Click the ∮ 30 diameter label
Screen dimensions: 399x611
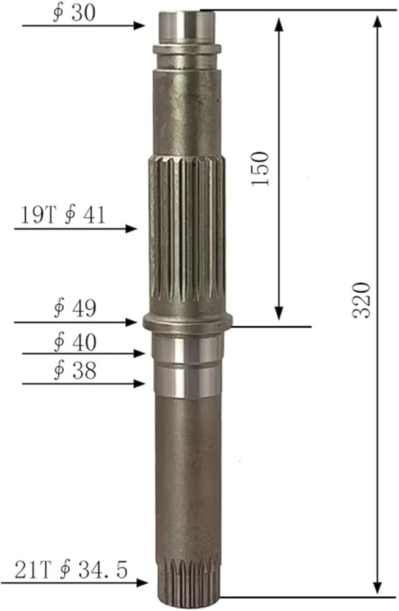tap(74, 13)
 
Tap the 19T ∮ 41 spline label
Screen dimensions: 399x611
tap(63, 214)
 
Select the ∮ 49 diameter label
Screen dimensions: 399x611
tap(75, 308)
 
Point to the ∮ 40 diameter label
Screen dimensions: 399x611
tap(75, 342)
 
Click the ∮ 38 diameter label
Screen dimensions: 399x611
tap(75, 371)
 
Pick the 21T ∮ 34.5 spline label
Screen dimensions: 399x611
tap(71, 569)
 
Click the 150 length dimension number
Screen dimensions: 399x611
tap(260, 169)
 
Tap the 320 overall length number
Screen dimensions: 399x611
tap(361, 300)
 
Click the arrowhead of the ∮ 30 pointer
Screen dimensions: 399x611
tap(139, 26)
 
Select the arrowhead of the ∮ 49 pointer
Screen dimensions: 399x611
tap(131, 322)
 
